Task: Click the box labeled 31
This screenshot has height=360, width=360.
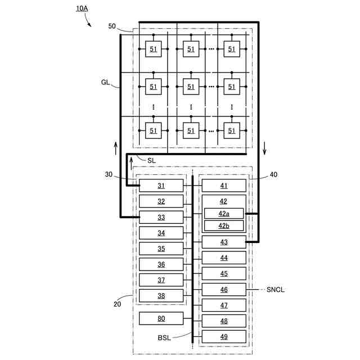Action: [x=161, y=186]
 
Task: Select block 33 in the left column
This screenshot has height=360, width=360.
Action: [x=161, y=217]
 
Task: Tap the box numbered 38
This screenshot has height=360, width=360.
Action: [x=161, y=295]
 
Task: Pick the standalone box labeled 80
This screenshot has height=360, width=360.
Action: [x=161, y=318]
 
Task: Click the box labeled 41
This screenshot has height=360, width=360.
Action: [x=224, y=186]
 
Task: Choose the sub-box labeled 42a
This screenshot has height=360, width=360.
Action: [x=224, y=213]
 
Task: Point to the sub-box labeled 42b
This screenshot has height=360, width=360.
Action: [x=224, y=226]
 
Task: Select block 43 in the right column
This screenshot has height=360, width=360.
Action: [x=224, y=242]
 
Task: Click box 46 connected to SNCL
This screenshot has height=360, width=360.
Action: [x=224, y=290]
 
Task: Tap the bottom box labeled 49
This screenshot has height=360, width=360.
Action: [x=224, y=336]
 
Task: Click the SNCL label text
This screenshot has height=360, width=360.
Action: [x=277, y=290]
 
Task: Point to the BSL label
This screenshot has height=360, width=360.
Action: [x=165, y=338]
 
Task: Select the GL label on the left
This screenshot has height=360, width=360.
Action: [x=106, y=82]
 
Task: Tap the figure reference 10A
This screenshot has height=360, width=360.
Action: [x=82, y=8]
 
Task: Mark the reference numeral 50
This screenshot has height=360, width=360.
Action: [x=112, y=26]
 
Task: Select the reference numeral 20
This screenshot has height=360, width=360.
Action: [x=117, y=304]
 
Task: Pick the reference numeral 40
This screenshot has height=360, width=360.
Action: [x=273, y=174]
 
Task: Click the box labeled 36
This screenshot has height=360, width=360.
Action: [x=161, y=264]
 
